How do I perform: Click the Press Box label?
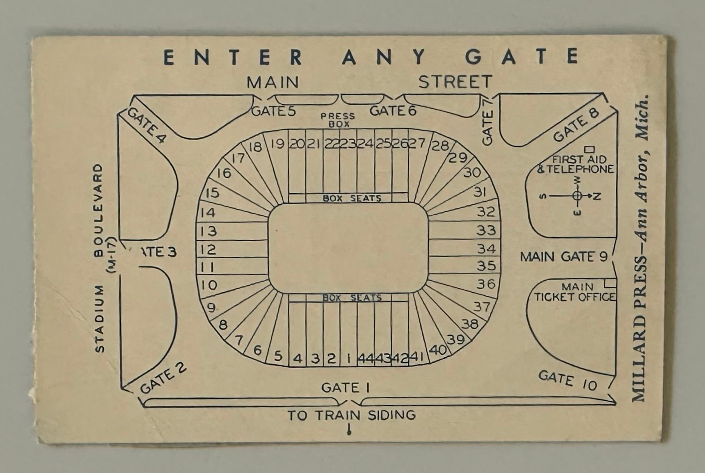click(x=338, y=120)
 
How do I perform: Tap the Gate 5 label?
click(x=273, y=111)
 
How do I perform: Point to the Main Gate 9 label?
click(x=563, y=257)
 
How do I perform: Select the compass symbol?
click(x=576, y=196)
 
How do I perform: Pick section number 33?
click(x=485, y=230)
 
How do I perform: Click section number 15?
click(x=213, y=193)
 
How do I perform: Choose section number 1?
click(x=349, y=358)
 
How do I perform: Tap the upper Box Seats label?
click(x=351, y=199)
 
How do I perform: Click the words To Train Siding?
click(x=351, y=416)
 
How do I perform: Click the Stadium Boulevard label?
click(x=99, y=258)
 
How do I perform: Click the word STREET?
click(x=455, y=82)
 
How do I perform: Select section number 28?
click(x=440, y=145)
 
